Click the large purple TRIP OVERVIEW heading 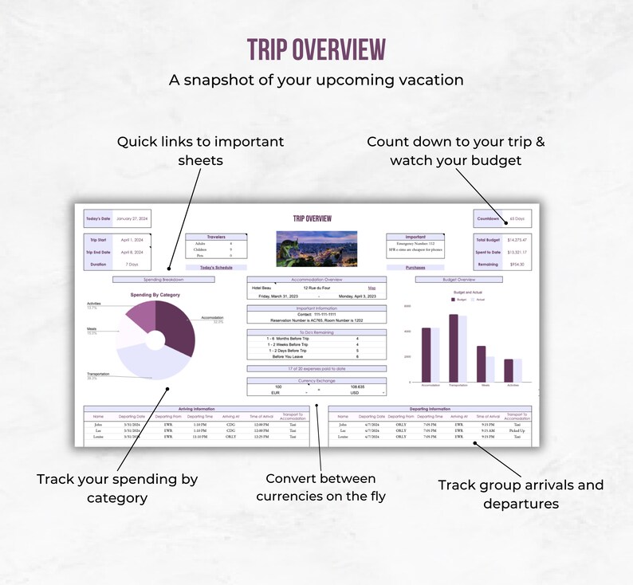(x=316, y=49)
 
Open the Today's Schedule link (x=216, y=268)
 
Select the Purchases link (x=415, y=268)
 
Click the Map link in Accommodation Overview (x=372, y=288)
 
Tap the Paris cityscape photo (x=316, y=248)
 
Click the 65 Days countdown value (x=517, y=218)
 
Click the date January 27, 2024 (x=132, y=218)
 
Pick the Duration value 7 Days (x=132, y=263)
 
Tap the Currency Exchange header (x=316, y=380)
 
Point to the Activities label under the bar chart (x=512, y=385)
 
